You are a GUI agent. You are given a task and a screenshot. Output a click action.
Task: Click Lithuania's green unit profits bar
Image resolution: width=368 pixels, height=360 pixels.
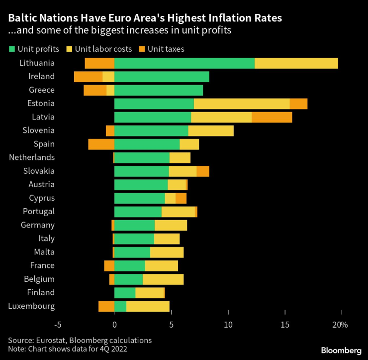184,63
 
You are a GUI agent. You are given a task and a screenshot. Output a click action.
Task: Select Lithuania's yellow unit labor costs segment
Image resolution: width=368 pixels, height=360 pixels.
296,63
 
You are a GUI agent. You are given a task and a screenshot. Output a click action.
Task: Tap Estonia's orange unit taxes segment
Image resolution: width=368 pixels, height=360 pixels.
298,104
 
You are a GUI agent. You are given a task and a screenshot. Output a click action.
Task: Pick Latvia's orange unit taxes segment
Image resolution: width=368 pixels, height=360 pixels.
272,117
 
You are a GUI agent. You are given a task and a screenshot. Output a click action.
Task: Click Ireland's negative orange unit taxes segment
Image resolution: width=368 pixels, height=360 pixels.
88,77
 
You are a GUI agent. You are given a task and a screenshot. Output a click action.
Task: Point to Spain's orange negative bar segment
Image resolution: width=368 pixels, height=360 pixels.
101,144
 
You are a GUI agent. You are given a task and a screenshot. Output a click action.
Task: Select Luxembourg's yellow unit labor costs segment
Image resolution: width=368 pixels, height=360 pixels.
148,306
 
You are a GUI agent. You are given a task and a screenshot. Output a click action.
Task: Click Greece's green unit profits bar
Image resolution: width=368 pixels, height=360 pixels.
159,90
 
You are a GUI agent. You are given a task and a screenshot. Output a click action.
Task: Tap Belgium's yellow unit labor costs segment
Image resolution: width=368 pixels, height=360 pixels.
163,279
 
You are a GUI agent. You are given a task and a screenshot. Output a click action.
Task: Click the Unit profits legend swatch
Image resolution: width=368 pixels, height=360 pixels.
12,49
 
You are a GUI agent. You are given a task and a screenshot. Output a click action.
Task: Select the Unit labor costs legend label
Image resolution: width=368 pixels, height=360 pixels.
103,49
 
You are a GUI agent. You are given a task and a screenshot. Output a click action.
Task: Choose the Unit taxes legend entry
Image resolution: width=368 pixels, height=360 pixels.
164,49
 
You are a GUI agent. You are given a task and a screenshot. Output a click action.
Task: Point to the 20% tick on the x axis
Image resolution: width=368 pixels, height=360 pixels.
340,325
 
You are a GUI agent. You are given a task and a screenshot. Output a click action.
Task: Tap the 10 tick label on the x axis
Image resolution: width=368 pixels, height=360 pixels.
228,325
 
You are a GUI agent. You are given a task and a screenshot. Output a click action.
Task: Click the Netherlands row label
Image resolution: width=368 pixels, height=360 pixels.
31,157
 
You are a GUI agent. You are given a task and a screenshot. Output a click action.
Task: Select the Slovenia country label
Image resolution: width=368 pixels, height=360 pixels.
38,130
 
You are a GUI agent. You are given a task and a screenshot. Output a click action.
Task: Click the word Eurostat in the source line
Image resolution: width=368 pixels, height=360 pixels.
52,340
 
